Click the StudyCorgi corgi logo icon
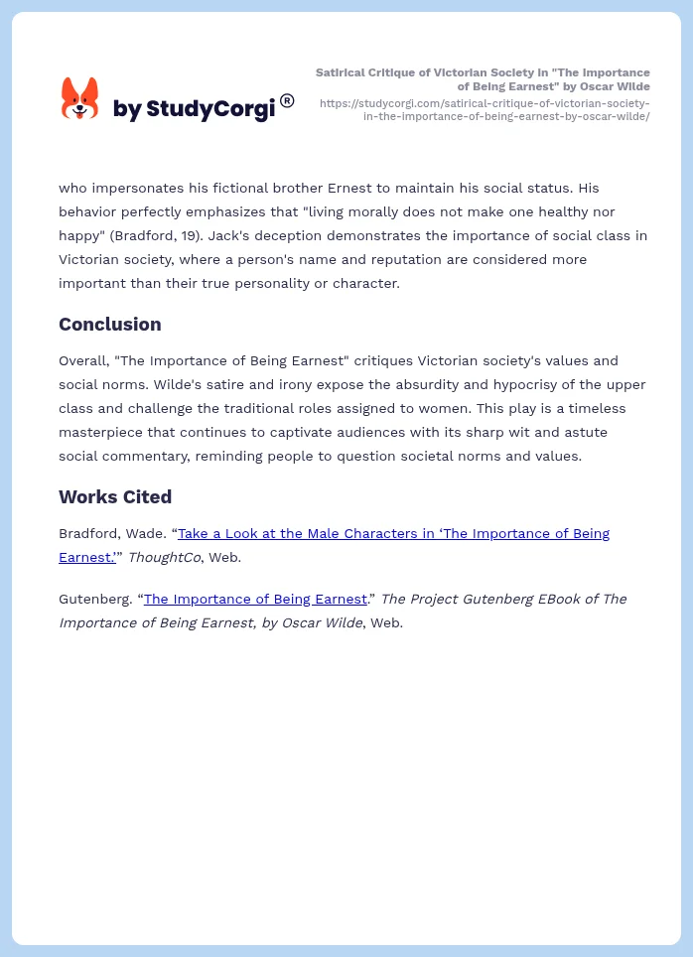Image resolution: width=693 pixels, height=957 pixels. (x=80, y=99)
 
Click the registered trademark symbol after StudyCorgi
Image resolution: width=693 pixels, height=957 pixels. (x=287, y=100)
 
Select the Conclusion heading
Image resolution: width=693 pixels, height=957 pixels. (x=109, y=325)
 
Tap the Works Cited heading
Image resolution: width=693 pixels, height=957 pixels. (x=115, y=497)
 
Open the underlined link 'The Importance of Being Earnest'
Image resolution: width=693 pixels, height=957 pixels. (x=255, y=600)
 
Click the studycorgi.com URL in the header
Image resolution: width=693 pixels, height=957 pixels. (x=485, y=109)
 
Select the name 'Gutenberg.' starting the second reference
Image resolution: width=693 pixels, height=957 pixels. (x=96, y=600)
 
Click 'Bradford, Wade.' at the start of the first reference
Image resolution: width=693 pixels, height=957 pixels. (x=111, y=534)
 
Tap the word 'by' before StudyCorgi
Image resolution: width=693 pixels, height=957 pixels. (x=127, y=109)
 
